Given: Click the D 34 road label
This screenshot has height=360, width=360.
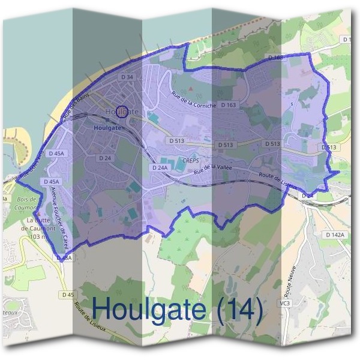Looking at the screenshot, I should (x=127, y=77).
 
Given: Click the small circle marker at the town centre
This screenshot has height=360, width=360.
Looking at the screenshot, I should (x=122, y=112).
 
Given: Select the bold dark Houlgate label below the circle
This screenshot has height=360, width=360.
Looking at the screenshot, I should (x=108, y=128).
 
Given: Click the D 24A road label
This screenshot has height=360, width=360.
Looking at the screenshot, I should (x=160, y=168).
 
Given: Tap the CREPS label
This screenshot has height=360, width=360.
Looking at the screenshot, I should (x=189, y=160).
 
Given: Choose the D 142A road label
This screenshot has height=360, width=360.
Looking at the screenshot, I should (x=336, y=235).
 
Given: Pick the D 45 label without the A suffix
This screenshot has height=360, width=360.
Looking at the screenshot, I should (x=67, y=295).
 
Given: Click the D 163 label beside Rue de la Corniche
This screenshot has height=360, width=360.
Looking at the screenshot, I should (x=228, y=105).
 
